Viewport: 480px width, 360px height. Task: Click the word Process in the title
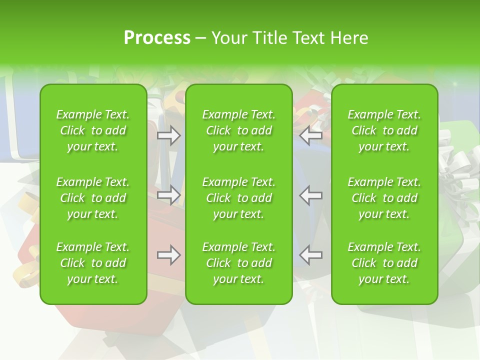tap(157, 38)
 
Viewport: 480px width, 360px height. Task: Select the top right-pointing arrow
tap(169, 135)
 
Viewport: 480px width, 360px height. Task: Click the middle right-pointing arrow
tap(169, 195)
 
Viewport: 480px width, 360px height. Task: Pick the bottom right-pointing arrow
tap(169, 255)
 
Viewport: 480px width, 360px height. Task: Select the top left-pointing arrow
tap(310, 135)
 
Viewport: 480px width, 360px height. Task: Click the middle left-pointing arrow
tap(310, 195)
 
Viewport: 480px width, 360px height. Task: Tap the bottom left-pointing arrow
tap(310, 255)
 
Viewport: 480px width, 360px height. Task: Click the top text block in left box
tap(93, 130)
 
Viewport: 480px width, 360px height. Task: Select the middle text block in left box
tap(93, 198)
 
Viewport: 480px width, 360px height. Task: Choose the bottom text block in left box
tap(93, 263)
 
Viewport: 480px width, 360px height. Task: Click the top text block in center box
tap(238, 130)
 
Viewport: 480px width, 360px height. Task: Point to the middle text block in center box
tap(238, 198)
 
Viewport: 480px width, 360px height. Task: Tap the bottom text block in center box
tap(238, 263)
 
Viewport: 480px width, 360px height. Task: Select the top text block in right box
tap(384, 130)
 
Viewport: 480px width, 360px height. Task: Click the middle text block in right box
tap(384, 198)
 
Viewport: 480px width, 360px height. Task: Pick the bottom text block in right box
tap(384, 263)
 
